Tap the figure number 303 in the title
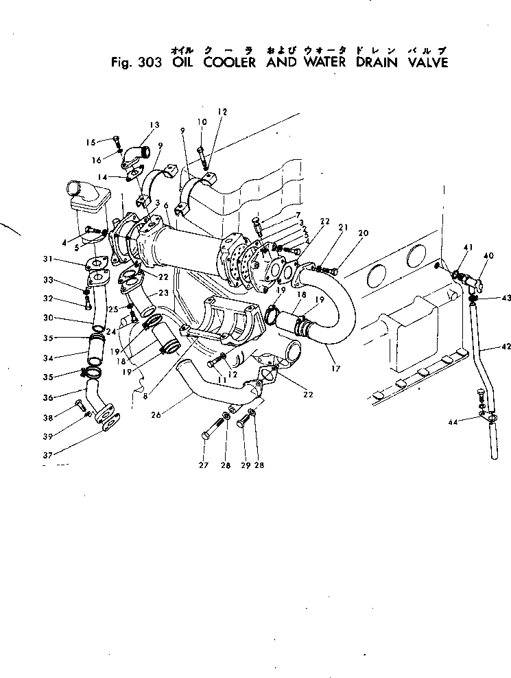point(148,63)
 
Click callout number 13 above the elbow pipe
point(154,125)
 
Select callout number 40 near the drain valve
point(489,256)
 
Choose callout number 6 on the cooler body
point(166,215)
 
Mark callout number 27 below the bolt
point(203,466)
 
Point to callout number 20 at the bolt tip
point(364,233)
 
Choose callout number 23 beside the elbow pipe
point(164,292)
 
